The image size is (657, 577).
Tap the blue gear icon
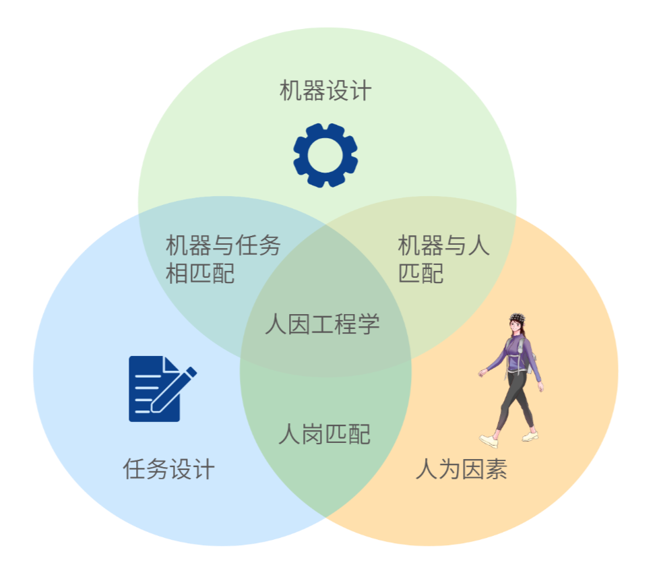325,155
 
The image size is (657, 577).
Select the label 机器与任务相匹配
222,260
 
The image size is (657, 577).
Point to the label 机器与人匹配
443,260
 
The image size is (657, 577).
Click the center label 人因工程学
322,324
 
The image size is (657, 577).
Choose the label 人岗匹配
324,434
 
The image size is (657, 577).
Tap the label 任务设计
168,468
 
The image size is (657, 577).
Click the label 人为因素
461,469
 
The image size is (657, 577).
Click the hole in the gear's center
325,155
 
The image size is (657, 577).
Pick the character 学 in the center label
369,324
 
